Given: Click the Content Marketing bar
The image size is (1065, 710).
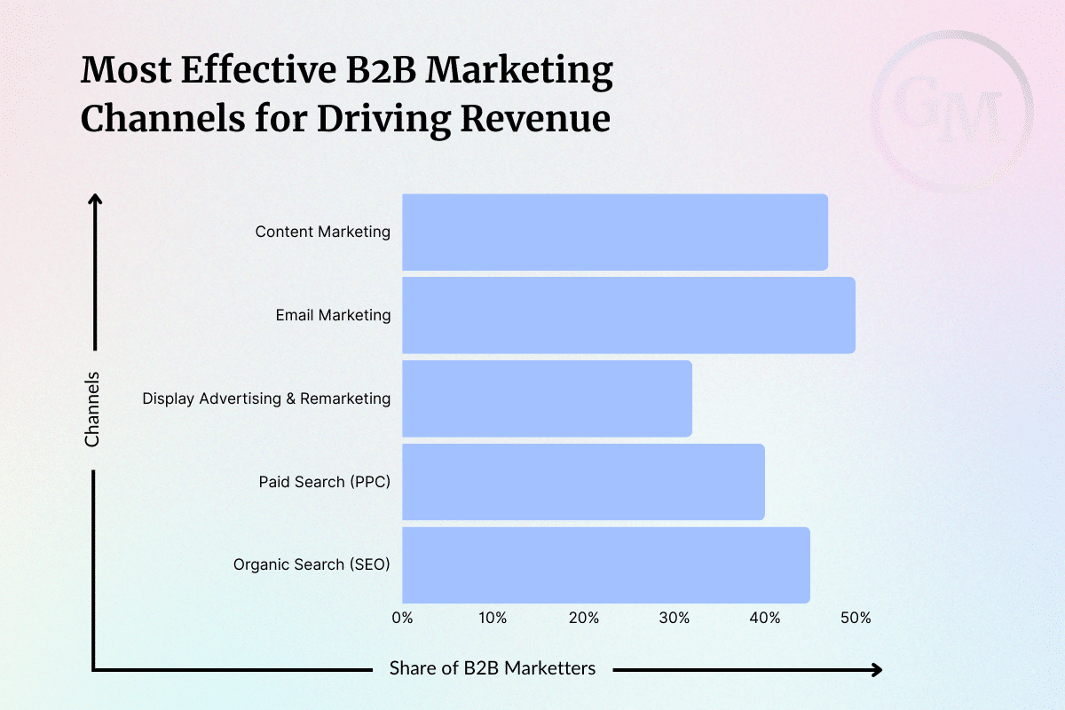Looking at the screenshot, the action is [615, 232].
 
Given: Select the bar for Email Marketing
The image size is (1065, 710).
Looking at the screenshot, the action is [628, 315].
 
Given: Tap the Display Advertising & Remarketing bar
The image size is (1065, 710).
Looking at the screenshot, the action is [547, 398].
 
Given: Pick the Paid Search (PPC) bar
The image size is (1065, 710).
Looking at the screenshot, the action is [583, 482].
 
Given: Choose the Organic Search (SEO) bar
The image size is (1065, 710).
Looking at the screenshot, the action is [606, 565].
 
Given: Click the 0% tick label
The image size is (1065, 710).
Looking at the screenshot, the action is [402, 618].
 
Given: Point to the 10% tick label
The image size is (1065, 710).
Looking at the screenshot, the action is [493, 618].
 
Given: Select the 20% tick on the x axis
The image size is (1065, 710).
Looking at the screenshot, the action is [583, 618].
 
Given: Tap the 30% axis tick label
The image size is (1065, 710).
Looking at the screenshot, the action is [674, 618].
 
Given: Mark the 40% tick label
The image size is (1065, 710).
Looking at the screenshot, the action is [764, 618].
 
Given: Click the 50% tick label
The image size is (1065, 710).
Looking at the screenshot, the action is [856, 618].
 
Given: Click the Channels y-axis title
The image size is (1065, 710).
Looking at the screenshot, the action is [91, 409].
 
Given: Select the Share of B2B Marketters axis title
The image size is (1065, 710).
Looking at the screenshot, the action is [493, 668].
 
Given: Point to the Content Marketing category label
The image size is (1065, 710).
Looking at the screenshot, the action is [323, 232].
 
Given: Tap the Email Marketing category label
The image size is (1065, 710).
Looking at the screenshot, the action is [334, 315].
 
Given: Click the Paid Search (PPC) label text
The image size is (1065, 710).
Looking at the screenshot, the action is [325, 482].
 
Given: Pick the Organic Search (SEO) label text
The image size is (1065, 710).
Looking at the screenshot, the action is [312, 564].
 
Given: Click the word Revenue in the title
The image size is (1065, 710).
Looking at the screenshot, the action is [535, 118].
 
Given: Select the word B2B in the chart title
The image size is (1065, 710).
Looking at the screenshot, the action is [382, 70].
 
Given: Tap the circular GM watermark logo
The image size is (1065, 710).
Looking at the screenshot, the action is [951, 111].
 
